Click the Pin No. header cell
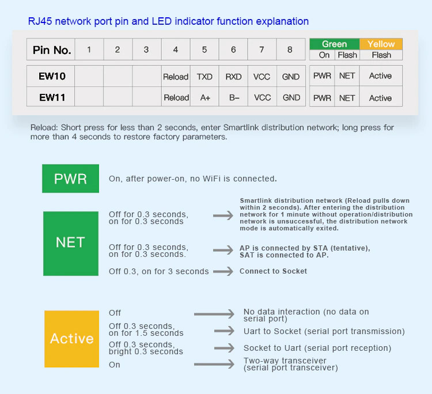(x=51, y=50)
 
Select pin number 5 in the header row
(x=204, y=50)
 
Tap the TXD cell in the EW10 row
(x=204, y=76)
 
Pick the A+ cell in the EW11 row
(x=204, y=97)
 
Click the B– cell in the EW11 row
(x=233, y=97)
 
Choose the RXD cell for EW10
(x=233, y=76)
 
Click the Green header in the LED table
(x=335, y=44)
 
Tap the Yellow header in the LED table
(x=381, y=44)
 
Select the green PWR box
(x=70, y=179)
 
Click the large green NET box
(x=71, y=243)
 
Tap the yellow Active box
(x=71, y=339)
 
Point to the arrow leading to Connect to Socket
(x=223, y=271)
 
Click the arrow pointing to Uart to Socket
(x=224, y=331)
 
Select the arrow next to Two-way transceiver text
(x=214, y=364)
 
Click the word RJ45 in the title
(x=40, y=21)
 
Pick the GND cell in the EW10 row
(x=291, y=76)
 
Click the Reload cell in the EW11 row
(x=176, y=97)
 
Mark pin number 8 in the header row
(x=290, y=50)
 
